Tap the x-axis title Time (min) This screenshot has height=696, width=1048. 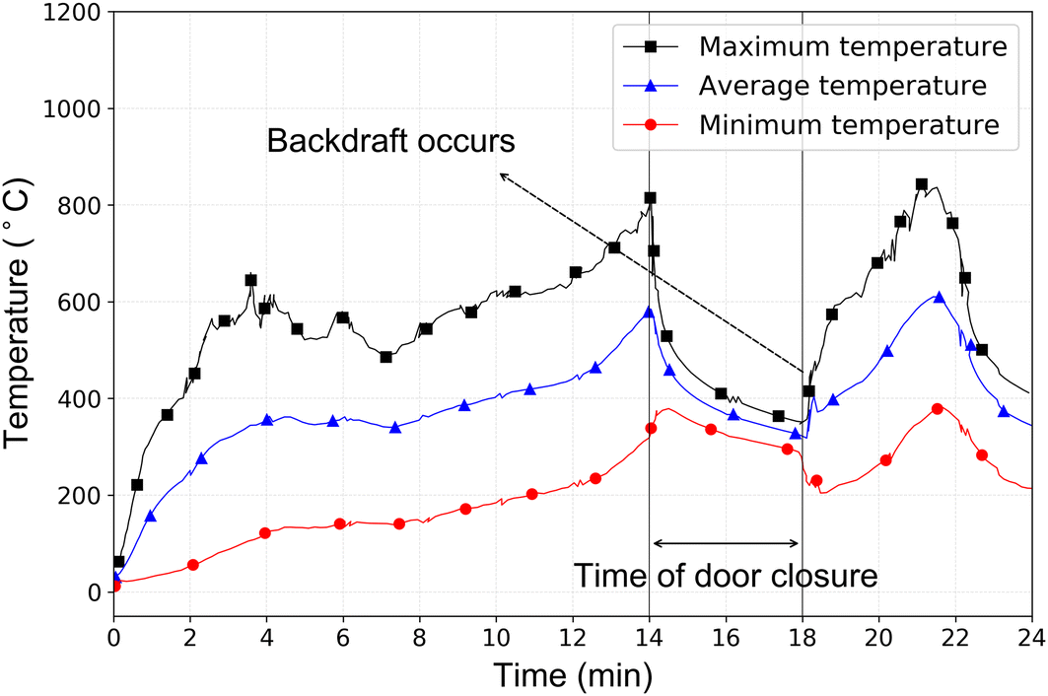573,674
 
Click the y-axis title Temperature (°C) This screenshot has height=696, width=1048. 24,315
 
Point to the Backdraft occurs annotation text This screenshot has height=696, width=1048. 390,141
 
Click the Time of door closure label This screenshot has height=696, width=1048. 726,575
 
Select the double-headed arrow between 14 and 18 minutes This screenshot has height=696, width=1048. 726,543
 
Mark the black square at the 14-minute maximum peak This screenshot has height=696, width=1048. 650,198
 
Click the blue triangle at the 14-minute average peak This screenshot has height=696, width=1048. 649,313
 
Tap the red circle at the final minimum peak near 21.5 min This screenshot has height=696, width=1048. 938,408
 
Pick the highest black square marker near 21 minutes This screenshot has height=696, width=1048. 922,184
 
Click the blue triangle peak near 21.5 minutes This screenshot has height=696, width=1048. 939,298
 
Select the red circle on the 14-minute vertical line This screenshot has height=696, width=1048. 651,428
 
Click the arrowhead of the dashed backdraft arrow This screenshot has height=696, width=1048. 502,175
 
